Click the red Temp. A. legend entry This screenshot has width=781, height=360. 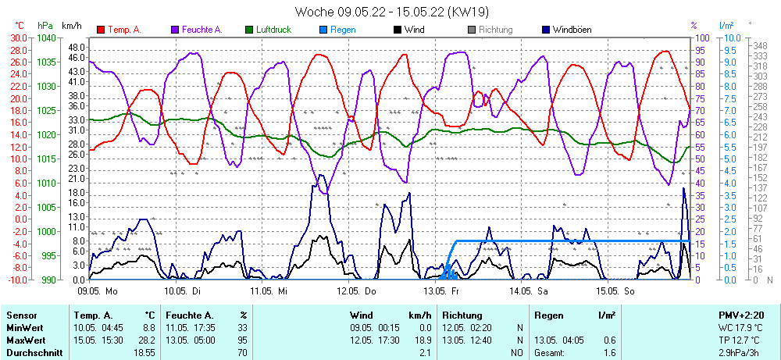click(x=124, y=30)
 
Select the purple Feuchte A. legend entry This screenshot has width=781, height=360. click(x=201, y=30)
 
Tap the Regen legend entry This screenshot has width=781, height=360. click(x=343, y=30)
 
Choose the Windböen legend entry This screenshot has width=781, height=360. click(x=571, y=30)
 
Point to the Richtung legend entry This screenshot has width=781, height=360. click(x=495, y=30)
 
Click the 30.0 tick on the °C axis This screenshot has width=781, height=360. click(x=17, y=37)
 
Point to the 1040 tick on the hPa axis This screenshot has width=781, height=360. click(x=47, y=37)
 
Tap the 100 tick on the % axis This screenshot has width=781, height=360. click(x=702, y=37)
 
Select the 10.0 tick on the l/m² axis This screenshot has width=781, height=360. click(x=732, y=37)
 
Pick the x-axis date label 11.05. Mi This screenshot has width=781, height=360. click(x=269, y=290)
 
